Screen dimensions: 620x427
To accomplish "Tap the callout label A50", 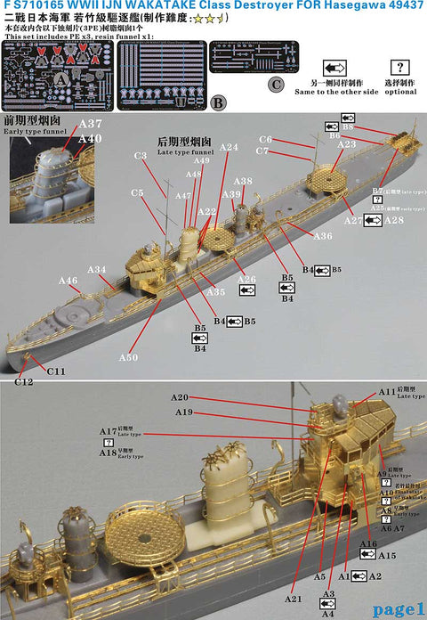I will click(x=128, y=357).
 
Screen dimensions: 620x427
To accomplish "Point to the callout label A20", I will click(x=181, y=396).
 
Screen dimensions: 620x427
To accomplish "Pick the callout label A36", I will click(x=323, y=236).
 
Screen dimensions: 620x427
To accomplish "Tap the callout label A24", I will click(x=229, y=147).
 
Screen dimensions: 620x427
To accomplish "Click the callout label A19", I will click(x=183, y=412).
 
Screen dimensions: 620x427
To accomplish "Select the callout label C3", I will click(x=140, y=156).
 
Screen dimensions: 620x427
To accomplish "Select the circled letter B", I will click(x=218, y=102).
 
